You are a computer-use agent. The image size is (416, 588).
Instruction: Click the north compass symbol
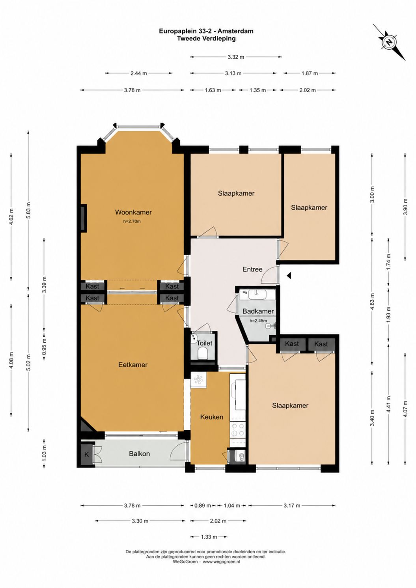(x=390, y=42)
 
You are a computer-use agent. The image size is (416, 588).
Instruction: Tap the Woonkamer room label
(x=133, y=212)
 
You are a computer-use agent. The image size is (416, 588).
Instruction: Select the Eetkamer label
(x=133, y=365)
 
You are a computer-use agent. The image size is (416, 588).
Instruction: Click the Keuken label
(x=211, y=417)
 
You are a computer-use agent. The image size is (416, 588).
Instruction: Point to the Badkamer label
(x=258, y=311)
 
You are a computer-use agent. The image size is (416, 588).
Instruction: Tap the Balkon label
(x=139, y=454)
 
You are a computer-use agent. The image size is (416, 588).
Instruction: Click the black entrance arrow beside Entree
(x=289, y=275)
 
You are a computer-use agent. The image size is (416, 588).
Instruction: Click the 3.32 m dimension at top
(x=236, y=57)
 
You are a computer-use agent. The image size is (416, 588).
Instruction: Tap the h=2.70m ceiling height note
(x=132, y=221)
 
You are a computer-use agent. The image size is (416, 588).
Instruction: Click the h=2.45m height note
(x=258, y=321)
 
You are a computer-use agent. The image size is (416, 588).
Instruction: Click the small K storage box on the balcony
(x=86, y=454)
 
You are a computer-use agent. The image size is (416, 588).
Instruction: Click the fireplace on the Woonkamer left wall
(x=84, y=218)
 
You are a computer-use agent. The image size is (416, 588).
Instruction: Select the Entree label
(x=252, y=269)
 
